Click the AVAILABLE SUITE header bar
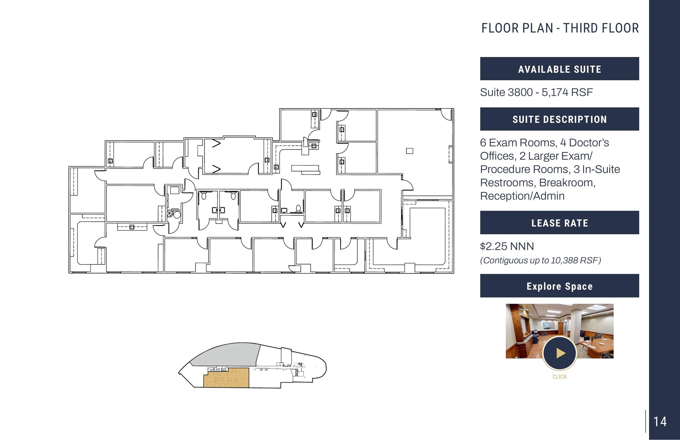click(559, 69)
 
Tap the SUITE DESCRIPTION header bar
click(559, 119)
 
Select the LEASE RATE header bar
click(559, 223)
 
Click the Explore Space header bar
click(559, 286)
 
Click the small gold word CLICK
click(559, 377)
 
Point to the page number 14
click(660, 422)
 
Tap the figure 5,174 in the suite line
click(555, 92)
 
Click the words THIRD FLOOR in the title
click(601, 29)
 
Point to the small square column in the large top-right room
click(410, 151)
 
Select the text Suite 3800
click(506, 92)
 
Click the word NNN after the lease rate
click(522, 246)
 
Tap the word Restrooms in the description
click(505, 183)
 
